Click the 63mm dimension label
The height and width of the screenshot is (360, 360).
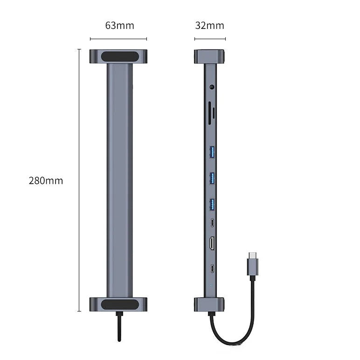120,26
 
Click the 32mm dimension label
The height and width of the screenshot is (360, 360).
210,26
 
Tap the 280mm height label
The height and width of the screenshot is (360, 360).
46,180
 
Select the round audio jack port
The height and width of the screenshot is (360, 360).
212,87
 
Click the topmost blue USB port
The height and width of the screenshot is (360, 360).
212,152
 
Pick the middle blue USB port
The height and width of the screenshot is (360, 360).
212,178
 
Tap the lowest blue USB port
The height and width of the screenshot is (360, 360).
212,205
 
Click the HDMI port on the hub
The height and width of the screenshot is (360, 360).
212,243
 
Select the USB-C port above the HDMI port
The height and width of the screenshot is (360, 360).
212,222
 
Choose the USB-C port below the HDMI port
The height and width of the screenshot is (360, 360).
212,269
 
